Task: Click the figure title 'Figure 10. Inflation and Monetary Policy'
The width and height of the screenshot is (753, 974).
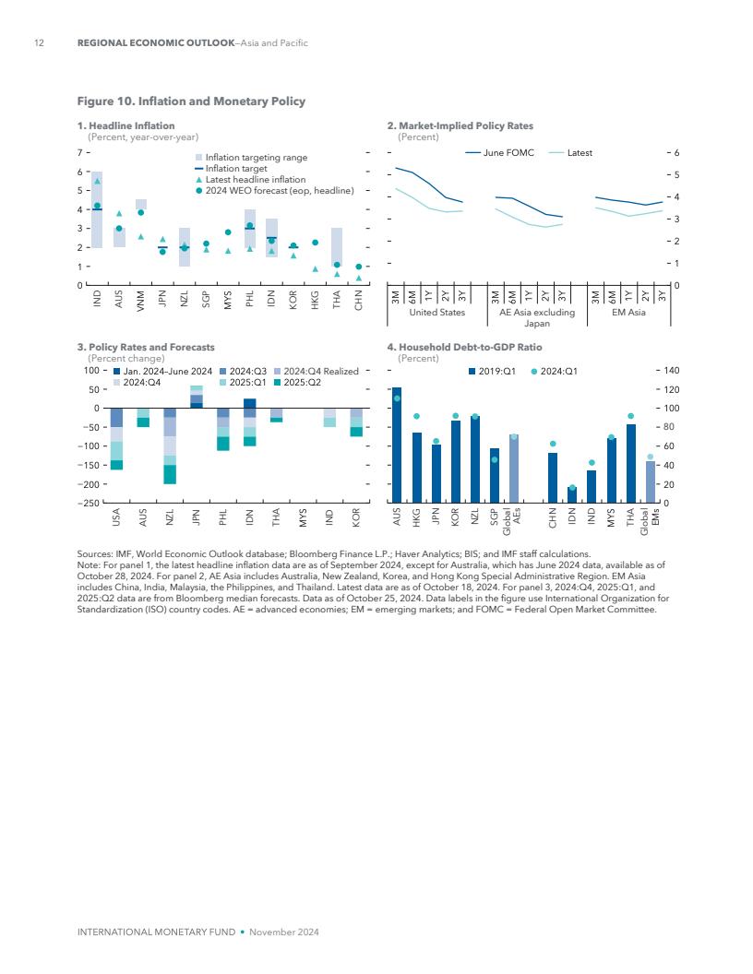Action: (x=191, y=101)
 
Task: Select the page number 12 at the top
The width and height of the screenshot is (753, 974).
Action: (x=39, y=43)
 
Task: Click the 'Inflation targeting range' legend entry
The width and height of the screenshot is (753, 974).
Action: (x=256, y=158)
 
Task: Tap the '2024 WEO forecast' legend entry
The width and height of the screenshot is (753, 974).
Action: (x=280, y=191)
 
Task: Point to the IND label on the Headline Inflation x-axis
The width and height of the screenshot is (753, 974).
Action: (x=97, y=299)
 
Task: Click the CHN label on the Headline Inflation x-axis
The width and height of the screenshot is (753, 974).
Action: (x=358, y=299)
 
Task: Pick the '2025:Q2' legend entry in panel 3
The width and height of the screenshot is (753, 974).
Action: (x=302, y=382)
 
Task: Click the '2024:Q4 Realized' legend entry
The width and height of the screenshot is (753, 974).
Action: (x=320, y=371)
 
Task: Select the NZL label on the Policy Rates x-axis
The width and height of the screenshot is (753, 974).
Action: (x=170, y=517)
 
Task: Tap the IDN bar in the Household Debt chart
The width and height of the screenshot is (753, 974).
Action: (x=572, y=494)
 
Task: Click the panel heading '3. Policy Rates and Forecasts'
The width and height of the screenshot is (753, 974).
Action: (x=146, y=348)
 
